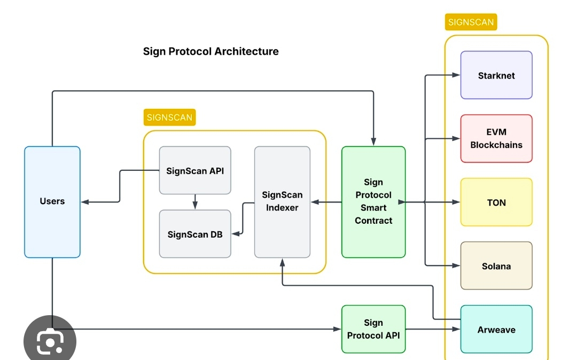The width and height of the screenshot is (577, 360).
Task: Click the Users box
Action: click(x=52, y=201)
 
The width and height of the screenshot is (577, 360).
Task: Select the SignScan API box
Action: click(x=195, y=171)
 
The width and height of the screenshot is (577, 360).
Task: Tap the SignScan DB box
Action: click(x=195, y=234)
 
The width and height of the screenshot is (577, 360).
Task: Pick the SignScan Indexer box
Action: click(x=282, y=201)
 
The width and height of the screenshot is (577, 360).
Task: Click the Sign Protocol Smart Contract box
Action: click(x=373, y=201)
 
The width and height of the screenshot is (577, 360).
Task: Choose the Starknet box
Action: click(x=496, y=75)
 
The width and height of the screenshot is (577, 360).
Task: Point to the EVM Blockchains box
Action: click(x=496, y=138)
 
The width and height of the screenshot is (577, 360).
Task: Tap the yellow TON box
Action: click(x=496, y=202)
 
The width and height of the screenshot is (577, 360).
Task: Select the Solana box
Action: click(x=496, y=265)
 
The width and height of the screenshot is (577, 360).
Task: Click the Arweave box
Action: click(x=496, y=330)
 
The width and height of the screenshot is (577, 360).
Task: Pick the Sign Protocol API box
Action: click(x=373, y=330)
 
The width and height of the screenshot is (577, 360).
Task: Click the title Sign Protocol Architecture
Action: click(x=210, y=51)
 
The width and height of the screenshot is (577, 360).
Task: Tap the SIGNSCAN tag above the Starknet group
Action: click(x=471, y=22)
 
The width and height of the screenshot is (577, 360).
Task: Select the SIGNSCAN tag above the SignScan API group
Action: click(x=169, y=118)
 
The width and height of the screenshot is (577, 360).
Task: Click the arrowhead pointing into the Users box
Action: click(x=84, y=202)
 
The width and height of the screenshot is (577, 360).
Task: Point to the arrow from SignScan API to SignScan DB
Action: click(x=195, y=202)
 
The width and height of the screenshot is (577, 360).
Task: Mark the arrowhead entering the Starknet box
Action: click(x=457, y=75)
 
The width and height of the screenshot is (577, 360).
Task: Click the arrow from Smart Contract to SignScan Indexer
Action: click(x=326, y=202)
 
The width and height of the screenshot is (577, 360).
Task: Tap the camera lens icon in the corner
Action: click(x=50, y=342)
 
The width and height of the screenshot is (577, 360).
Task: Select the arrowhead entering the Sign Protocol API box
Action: click(x=338, y=330)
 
